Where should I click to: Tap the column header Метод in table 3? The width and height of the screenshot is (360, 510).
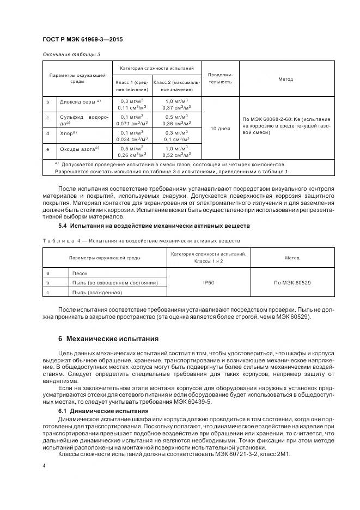coord(285,79)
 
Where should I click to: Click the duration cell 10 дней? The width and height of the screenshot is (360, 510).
coord(220,129)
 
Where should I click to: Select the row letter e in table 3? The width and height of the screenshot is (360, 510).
coord(48,148)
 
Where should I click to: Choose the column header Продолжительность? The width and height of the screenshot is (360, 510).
coord(220,78)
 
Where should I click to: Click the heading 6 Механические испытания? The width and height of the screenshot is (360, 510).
coord(108,338)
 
